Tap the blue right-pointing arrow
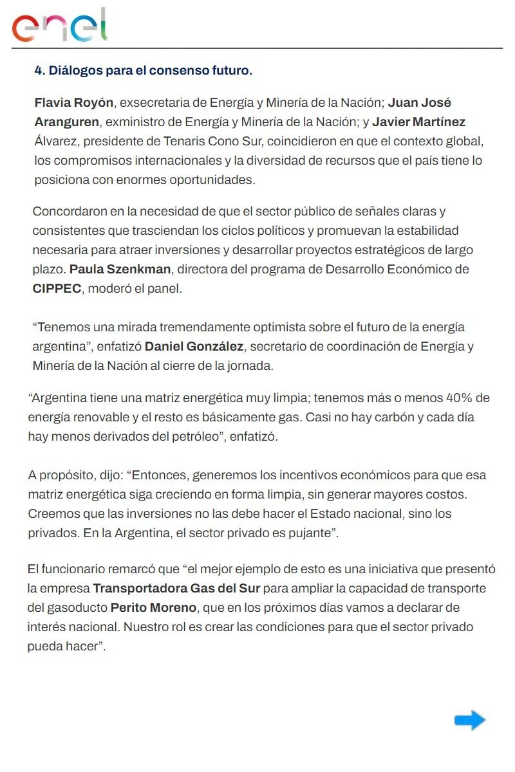click(469, 720)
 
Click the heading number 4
click(38, 71)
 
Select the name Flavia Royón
click(74, 103)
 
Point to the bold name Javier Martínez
click(418, 122)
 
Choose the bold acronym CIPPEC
click(57, 288)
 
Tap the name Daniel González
click(194, 347)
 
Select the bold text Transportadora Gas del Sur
click(176, 589)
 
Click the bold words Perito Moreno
click(153, 608)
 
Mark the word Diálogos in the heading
click(76, 71)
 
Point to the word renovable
click(97, 417)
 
